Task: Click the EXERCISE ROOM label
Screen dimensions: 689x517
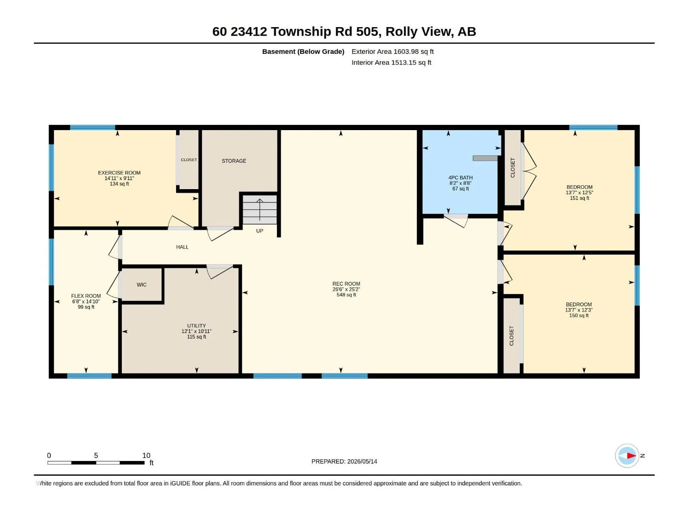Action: point(119,173)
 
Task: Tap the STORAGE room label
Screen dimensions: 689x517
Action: point(234,161)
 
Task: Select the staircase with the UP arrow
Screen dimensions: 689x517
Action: point(260,209)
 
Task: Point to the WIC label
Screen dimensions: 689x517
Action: point(142,285)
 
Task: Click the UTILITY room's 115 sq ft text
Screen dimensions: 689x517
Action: point(196,337)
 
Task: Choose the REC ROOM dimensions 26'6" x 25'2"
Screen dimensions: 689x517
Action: point(346,290)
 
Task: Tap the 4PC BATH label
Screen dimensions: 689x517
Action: point(460,178)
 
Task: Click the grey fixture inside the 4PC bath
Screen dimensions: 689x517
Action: point(485,158)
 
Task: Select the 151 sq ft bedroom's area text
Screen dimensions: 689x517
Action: point(580,198)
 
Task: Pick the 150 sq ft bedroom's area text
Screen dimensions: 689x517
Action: point(579,315)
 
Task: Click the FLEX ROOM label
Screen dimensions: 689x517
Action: point(86,296)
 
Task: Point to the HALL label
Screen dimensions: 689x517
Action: point(182,247)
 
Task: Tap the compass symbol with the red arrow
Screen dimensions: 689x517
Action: point(627,455)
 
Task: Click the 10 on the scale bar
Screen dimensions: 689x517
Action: point(146,455)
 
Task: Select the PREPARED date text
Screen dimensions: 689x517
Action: point(344,461)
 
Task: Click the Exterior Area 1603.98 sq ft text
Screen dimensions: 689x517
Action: point(392,51)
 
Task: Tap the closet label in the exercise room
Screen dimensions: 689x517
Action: point(189,160)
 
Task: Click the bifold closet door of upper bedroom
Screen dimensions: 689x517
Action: point(529,171)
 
